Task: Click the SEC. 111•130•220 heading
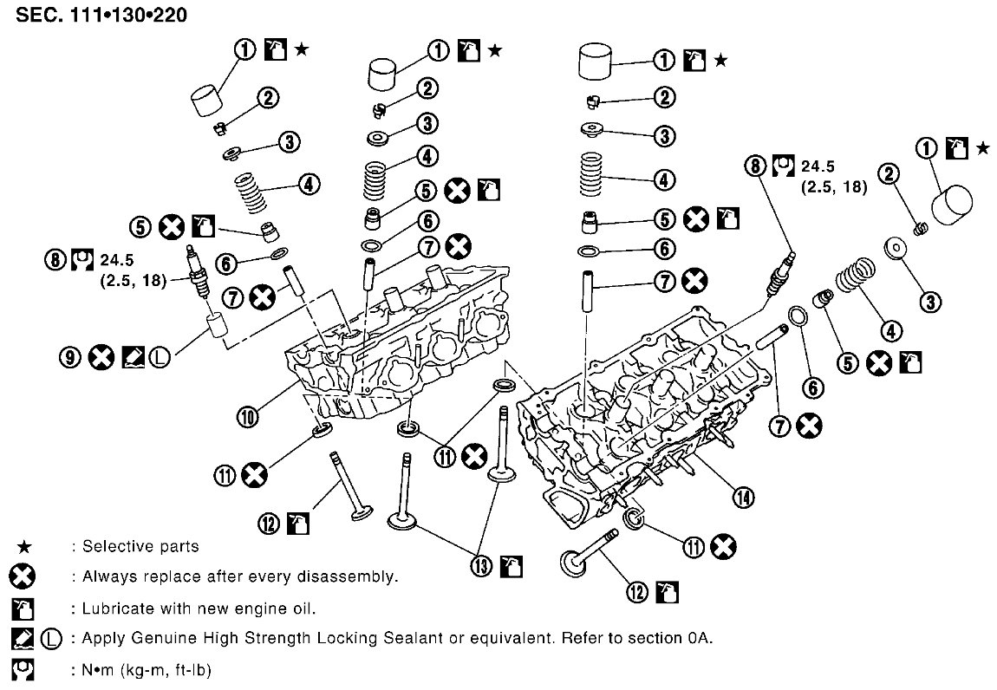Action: point(101,15)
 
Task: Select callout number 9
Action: point(70,357)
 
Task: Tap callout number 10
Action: point(248,417)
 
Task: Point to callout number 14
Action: point(743,497)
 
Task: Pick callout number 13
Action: point(481,565)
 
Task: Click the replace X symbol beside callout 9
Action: point(101,357)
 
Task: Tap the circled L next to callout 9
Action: point(160,357)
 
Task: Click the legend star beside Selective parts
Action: point(23,547)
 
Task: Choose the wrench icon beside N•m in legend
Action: point(23,670)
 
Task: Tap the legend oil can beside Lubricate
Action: point(23,609)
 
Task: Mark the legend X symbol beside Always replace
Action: point(23,576)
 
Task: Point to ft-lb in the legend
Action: point(193,670)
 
